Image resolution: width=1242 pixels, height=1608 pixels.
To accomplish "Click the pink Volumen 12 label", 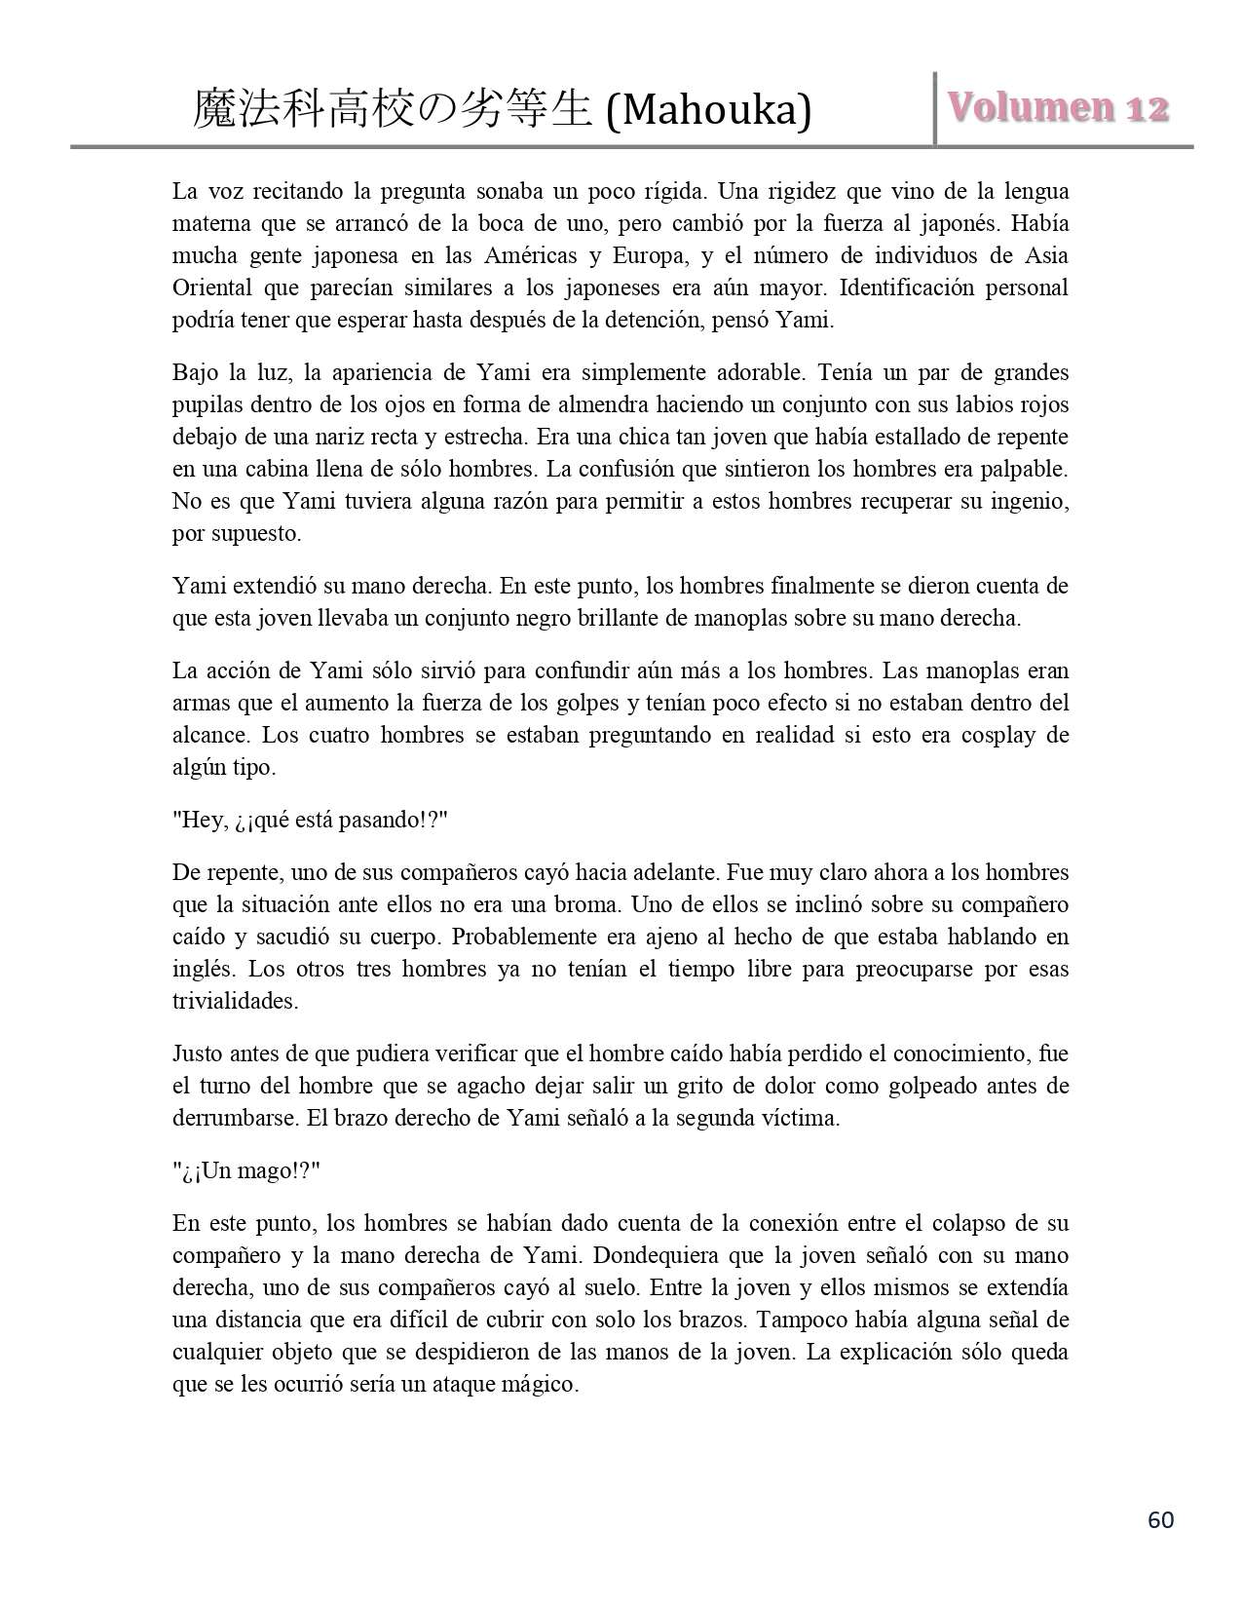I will click(1058, 107).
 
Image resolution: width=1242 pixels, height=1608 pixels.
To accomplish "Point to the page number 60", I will click(1161, 1519).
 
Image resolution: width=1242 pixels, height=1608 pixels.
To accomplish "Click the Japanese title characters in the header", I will click(392, 109).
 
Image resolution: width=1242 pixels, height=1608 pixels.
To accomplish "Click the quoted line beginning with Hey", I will click(310, 820).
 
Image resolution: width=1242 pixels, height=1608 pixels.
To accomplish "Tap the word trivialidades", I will click(235, 1001).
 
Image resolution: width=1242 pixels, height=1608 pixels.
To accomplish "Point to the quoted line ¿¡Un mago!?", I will click(246, 1170).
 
